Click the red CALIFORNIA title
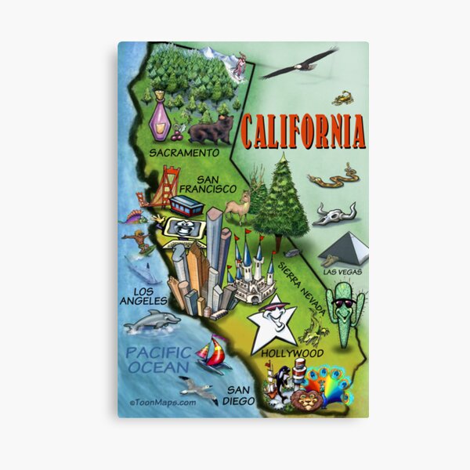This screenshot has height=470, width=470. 302,132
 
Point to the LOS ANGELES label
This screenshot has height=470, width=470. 144,296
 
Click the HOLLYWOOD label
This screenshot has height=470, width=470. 293,353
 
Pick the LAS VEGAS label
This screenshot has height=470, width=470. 342,272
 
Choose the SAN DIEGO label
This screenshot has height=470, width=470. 240,395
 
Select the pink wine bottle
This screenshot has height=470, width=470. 161,117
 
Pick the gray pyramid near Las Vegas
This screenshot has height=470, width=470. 344,248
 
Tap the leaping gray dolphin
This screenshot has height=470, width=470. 152,320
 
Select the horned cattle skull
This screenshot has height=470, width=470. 334,214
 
